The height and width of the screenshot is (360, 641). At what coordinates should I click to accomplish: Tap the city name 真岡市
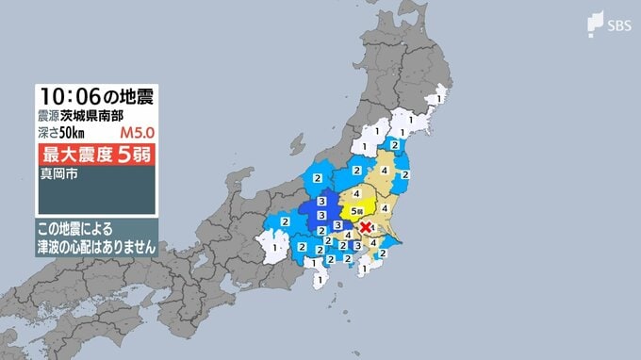(x=55, y=174)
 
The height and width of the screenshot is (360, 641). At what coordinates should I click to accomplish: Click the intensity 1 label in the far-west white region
(x=275, y=248)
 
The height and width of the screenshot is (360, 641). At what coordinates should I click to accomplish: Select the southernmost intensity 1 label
(x=320, y=281)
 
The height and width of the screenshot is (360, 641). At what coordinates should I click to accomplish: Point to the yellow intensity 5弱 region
(x=359, y=204)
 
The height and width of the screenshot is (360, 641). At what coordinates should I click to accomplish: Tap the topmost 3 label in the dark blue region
(x=322, y=202)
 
